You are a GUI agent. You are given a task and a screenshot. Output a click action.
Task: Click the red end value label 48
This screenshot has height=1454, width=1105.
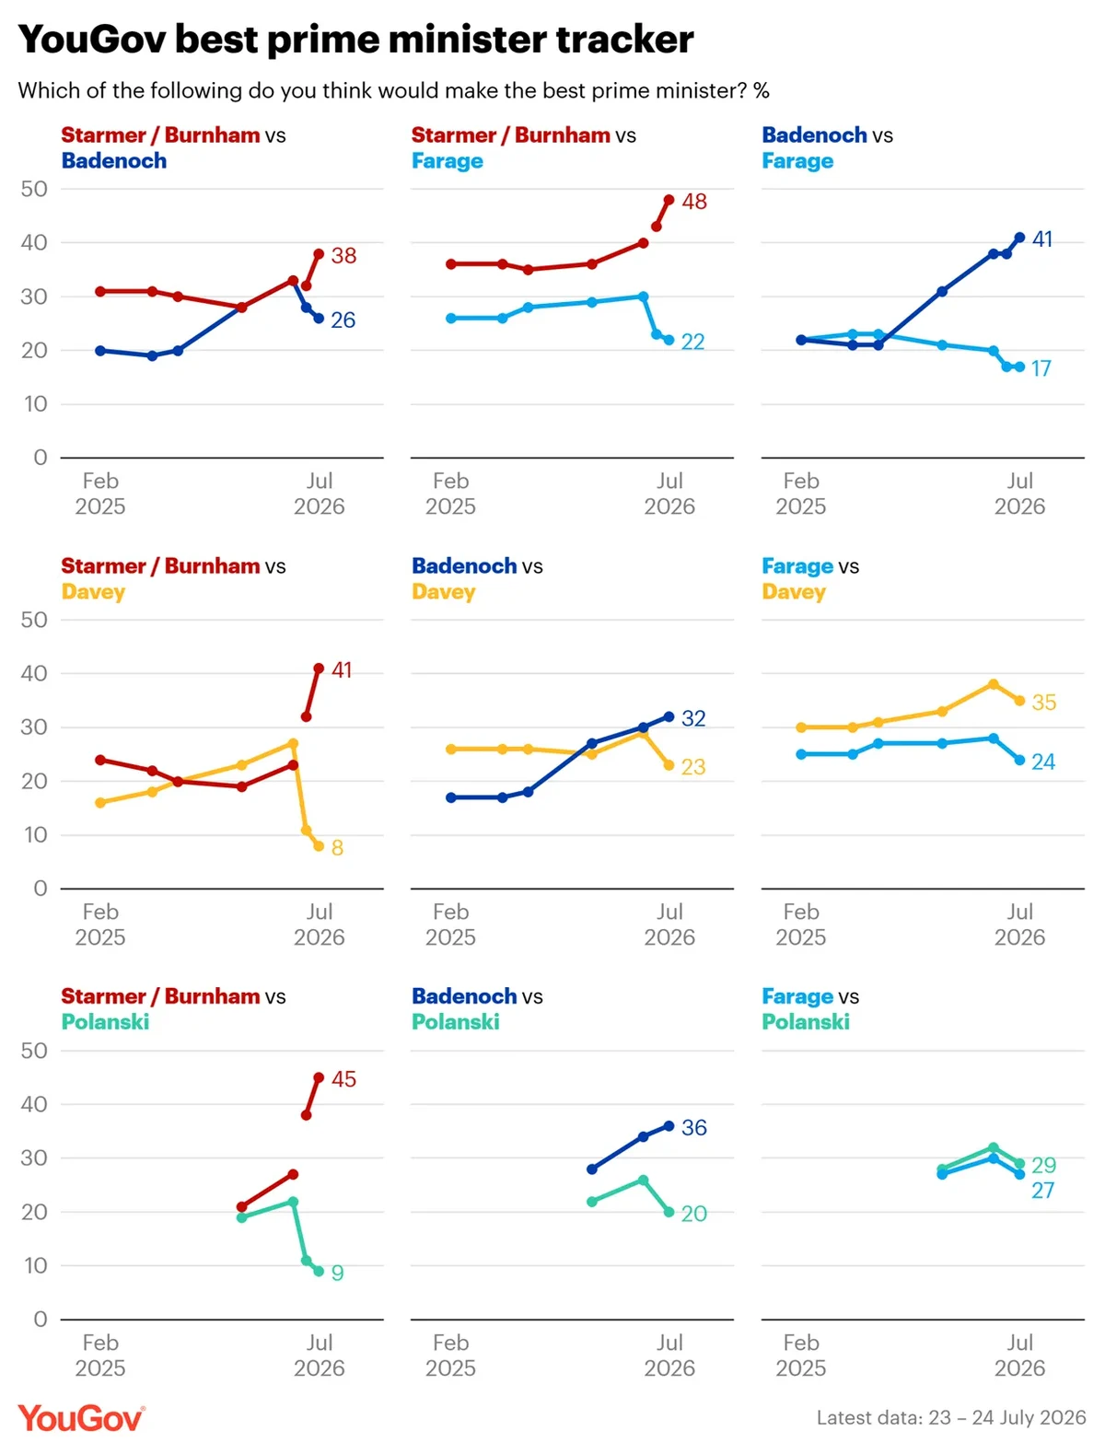click(x=693, y=202)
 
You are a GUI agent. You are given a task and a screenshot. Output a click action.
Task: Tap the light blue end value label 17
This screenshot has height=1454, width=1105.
click(x=1041, y=368)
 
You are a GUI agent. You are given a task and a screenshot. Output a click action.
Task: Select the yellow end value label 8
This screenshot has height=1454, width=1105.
click(x=337, y=847)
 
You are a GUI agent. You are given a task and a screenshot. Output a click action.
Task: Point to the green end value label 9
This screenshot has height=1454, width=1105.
click(x=337, y=1273)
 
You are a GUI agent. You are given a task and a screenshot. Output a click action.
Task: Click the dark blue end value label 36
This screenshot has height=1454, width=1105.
click(x=693, y=1127)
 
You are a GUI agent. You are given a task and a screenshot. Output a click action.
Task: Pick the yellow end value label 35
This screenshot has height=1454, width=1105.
click(x=1043, y=703)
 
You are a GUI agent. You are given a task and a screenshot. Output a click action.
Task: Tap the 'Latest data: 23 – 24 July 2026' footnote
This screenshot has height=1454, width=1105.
click(x=951, y=1417)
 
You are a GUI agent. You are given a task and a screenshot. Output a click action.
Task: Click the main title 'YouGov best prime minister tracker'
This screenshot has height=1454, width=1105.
click(x=355, y=39)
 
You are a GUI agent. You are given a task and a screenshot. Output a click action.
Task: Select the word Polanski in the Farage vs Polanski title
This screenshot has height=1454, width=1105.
click(x=806, y=1022)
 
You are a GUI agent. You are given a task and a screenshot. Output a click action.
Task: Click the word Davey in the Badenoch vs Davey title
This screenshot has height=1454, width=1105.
click(x=443, y=591)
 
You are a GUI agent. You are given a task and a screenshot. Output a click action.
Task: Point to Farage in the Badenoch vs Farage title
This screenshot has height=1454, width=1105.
click(x=797, y=161)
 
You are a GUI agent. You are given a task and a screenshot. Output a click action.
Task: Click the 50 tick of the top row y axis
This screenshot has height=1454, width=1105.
click(x=34, y=189)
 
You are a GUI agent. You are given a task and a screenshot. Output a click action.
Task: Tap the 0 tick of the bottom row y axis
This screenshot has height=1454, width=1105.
click(x=41, y=1319)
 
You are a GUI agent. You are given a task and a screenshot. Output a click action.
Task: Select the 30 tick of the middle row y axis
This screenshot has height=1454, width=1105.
click(x=34, y=727)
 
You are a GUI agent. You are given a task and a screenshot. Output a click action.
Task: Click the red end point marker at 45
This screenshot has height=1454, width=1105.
click(x=319, y=1077)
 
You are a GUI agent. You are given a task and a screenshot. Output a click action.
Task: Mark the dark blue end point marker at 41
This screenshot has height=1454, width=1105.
click(x=1019, y=238)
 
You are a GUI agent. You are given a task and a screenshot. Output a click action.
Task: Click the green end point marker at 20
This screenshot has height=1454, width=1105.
click(x=669, y=1212)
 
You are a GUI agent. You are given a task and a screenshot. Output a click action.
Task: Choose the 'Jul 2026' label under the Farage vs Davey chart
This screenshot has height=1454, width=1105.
click(x=1019, y=925)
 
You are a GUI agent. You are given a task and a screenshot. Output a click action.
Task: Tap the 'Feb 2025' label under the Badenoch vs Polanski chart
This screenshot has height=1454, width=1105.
click(x=450, y=1355)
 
